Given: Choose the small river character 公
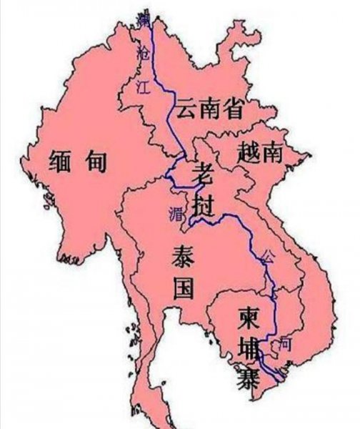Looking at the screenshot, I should pos(268,255).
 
